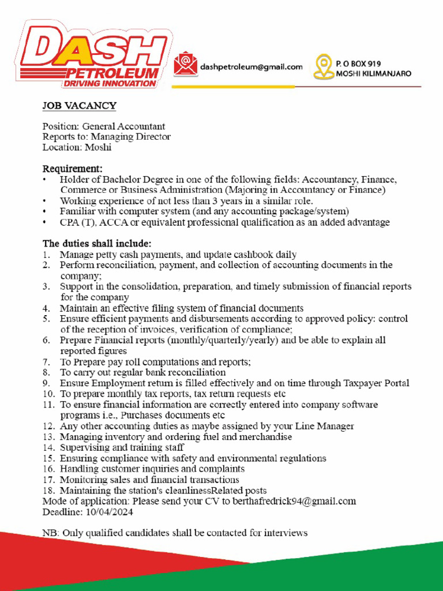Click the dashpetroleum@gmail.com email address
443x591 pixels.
tap(251, 67)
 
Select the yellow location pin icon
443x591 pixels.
tap(323, 67)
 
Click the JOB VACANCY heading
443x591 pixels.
tap(79, 106)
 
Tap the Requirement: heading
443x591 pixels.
tap(72, 169)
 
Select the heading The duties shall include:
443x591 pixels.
tap(97, 243)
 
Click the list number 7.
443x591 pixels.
tap(47, 362)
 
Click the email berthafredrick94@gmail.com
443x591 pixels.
tap(294, 501)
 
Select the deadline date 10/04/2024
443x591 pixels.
tap(109, 512)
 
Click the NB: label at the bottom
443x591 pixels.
tap(50, 533)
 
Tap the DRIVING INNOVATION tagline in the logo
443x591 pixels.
tap(110, 83)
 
